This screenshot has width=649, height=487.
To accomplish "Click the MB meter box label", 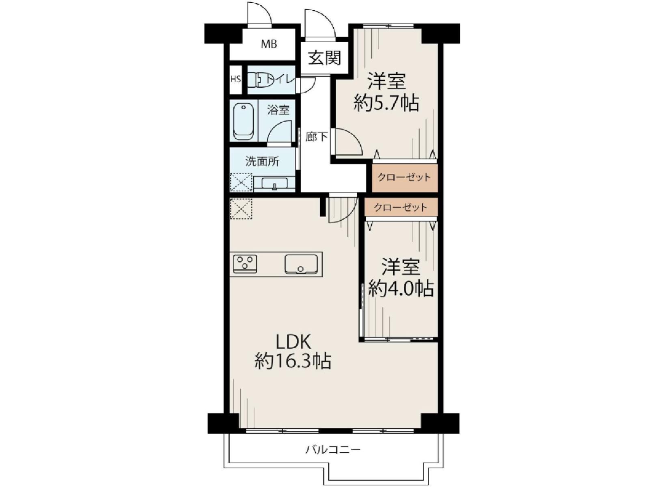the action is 268,44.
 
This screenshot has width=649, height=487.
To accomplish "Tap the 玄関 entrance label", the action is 324,58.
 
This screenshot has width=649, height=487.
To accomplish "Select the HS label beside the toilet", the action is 235,79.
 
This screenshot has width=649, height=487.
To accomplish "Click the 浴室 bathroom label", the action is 278,110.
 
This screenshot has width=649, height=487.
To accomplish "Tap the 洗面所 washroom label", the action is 262,162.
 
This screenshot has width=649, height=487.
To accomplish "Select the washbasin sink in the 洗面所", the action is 275,184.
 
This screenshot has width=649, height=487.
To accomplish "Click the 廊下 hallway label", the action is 316,137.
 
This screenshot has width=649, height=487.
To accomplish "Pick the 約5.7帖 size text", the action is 386,104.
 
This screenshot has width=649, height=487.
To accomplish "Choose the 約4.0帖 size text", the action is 401,288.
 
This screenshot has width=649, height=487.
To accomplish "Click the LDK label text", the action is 293,342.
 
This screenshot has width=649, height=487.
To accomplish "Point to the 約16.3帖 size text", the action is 293,361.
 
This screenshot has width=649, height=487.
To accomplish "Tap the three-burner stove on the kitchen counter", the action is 245,262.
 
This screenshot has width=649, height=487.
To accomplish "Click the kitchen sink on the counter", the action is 301,264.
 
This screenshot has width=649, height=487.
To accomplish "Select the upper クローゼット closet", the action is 405,177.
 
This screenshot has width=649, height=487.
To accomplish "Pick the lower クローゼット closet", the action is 401,207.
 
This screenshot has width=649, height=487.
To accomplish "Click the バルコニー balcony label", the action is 333,450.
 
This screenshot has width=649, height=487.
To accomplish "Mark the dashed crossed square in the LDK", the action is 241,209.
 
